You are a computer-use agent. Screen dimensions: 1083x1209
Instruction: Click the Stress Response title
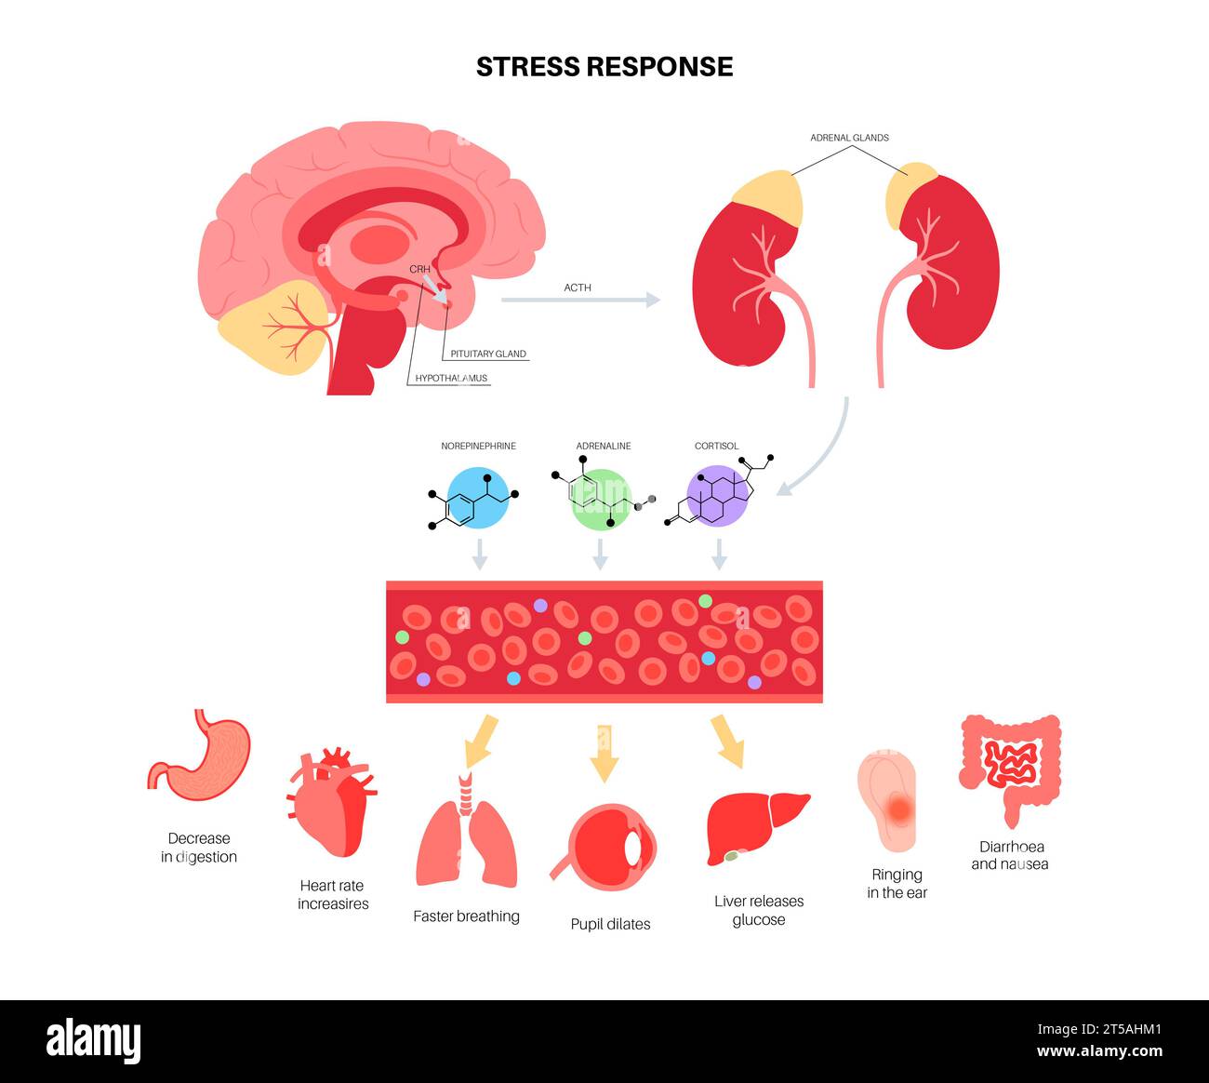pyautogui.click(x=604, y=67)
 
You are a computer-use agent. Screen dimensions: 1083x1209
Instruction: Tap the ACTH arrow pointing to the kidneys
pyautogui.click(x=580, y=300)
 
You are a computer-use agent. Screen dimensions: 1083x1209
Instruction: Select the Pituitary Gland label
pyautogui.click(x=488, y=354)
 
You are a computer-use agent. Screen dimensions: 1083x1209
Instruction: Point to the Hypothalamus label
pyautogui.click(x=451, y=378)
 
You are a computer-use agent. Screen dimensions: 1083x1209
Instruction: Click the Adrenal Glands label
pyautogui.click(x=849, y=138)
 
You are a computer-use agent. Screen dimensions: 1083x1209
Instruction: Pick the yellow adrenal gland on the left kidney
pyautogui.click(x=768, y=199)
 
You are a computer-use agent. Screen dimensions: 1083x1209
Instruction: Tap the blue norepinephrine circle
pyautogui.click(x=478, y=500)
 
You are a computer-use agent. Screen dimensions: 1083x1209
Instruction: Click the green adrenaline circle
pyautogui.click(x=600, y=500)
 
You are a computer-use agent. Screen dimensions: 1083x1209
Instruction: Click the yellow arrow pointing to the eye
pyautogui.click(x=604, y=754)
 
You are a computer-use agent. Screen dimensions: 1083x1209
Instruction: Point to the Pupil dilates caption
pyautogui.click(x=610, y=924)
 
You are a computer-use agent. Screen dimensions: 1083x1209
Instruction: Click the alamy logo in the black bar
pyautogui.click(x=94, y=1040)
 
